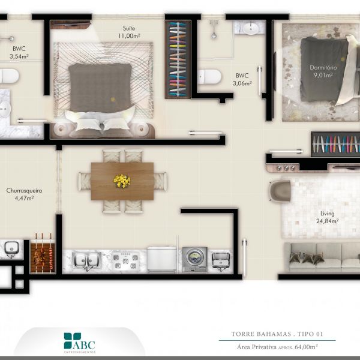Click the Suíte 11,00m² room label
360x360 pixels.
129,32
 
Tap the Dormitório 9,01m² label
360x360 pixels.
323,71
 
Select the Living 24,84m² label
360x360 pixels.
327,217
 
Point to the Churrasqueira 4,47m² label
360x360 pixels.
24,194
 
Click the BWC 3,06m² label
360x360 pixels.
242,79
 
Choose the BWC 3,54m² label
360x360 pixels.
19,53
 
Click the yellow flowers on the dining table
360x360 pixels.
122,181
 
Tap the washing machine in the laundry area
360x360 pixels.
195,259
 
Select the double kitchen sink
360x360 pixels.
86,261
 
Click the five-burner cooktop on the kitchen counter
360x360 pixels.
125,261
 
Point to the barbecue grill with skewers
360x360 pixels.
43,257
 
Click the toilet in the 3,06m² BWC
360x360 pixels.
209,77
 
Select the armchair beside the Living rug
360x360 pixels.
280,191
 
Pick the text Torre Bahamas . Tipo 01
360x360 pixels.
277,334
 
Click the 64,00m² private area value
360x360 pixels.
306,346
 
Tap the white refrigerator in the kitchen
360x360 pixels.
162,259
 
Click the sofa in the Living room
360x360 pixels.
322,257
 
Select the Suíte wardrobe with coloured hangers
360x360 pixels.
178,59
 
